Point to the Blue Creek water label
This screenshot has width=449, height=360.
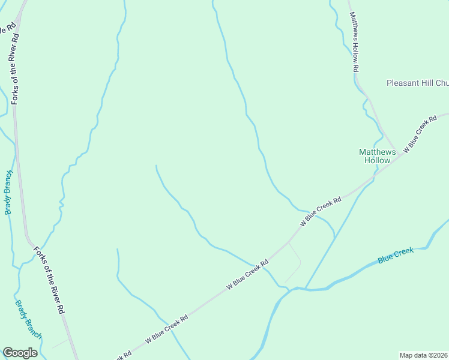coord(396,255)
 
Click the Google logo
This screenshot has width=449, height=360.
coord(20,353)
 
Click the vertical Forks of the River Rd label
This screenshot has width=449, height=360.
coord(15,69)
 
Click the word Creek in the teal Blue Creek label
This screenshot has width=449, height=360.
coord(404,253)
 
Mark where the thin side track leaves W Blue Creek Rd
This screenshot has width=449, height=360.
coord(289,242)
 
